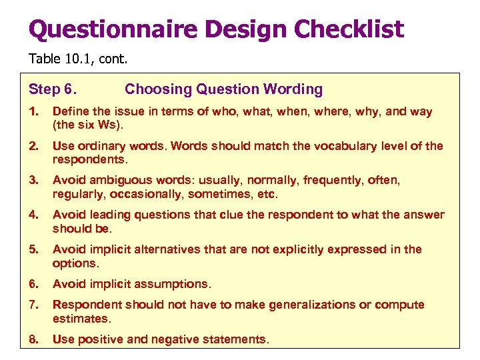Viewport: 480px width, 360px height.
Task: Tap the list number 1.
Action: click(33, 112)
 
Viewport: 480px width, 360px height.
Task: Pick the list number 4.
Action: click(33, 215)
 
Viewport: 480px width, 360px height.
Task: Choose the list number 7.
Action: click(33, 305)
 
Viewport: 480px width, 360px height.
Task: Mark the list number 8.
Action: click(33, 339)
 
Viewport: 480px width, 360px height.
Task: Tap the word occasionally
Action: click(147, 194)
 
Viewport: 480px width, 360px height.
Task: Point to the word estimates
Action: click(81, 318)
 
